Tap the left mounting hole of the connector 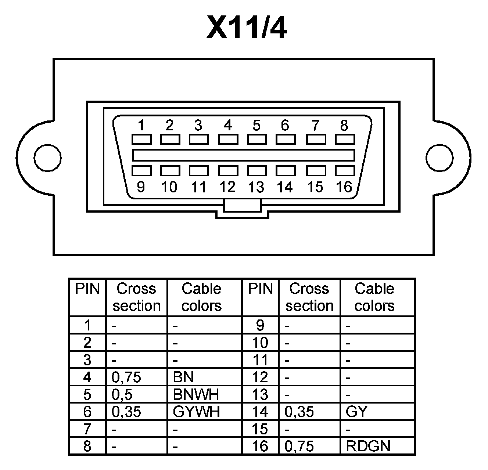[47, 158]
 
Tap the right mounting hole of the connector [439, 158]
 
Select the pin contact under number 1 [141, 140]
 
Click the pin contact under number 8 [345, 140]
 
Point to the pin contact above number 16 [345, 171]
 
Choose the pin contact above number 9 [141, 171]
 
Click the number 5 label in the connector [256, 125]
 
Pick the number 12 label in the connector [227, 187]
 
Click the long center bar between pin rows [243, 155]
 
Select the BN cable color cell [183, 377]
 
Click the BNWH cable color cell [196, 394]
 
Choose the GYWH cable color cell [196, 412]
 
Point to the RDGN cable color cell [368, 446]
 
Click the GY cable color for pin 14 [356, 412]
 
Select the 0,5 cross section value [122, 394]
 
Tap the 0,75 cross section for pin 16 [299, 446]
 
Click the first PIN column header [87, 289]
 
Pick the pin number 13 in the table [260, 394]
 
